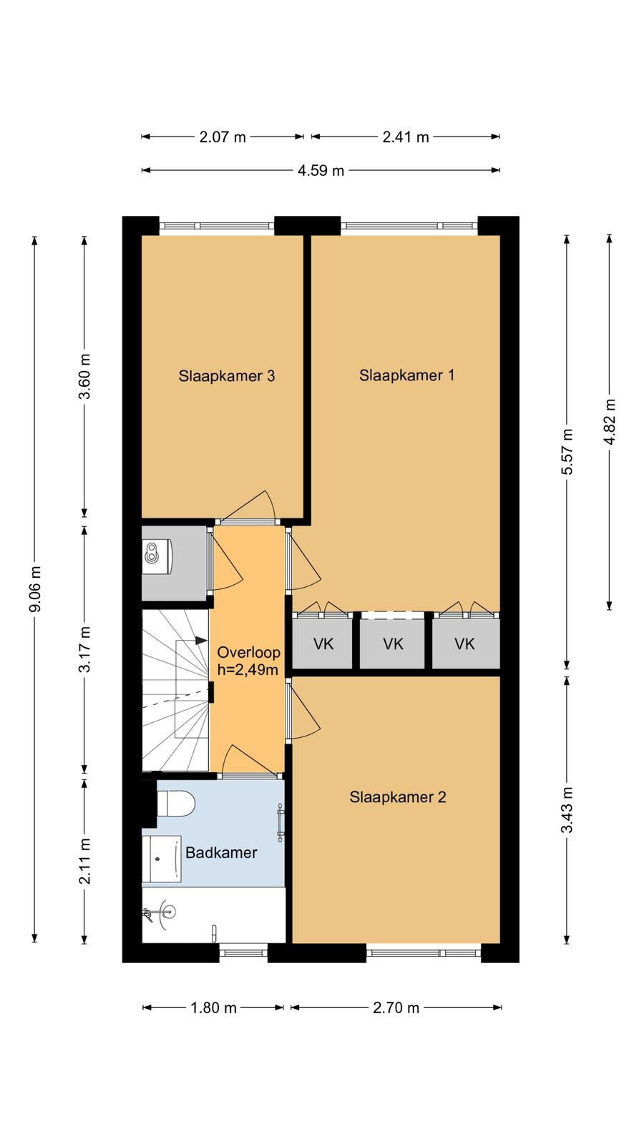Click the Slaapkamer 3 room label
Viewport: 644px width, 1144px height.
point(226,376)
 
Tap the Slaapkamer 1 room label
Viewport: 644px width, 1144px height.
point(406,375)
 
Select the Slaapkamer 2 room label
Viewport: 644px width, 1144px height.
point(398,797)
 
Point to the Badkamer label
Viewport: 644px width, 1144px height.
point(221,852)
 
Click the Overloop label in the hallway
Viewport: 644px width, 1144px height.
point(249,652)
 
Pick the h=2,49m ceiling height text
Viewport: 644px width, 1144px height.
point(248,669)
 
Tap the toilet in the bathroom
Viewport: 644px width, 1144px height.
point(176,804)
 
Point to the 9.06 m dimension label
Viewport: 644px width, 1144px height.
point(35,589)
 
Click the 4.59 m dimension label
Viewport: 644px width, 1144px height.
point(321,171)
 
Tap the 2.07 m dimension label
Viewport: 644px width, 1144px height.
point(223,137)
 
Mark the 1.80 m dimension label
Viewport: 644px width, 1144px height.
point(214,1007)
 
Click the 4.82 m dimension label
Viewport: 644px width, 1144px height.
point(609,422)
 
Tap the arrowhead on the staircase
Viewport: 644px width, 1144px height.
point(202,641)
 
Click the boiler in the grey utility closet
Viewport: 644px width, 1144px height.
point(157,557)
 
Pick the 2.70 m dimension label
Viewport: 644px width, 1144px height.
point(396,1007)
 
